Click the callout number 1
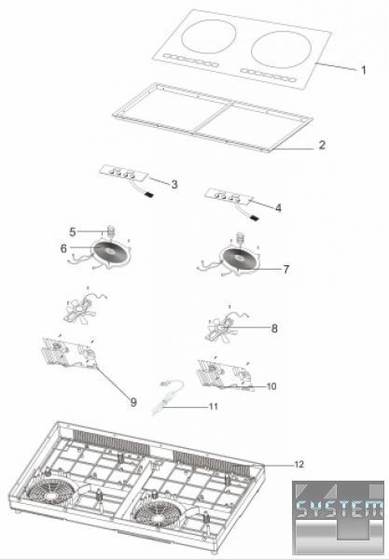[x=364, y=70]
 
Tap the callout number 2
[x=322, y=145]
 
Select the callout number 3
[x=174, y=184]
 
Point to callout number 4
[x=278, y=207]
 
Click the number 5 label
[x=73, y=231]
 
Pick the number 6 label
[x=63, y=248]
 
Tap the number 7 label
[x=286, y=270]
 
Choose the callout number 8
[x=274, y=329]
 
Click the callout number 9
[x=133, y=402]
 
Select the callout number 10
[x=271, y=386]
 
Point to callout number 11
[x=214, y=406]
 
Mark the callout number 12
[x=299, y=464]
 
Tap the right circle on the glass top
[x=281, y=49]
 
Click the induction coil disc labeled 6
[x=111, y=251]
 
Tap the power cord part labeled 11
[x=167, y=398]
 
